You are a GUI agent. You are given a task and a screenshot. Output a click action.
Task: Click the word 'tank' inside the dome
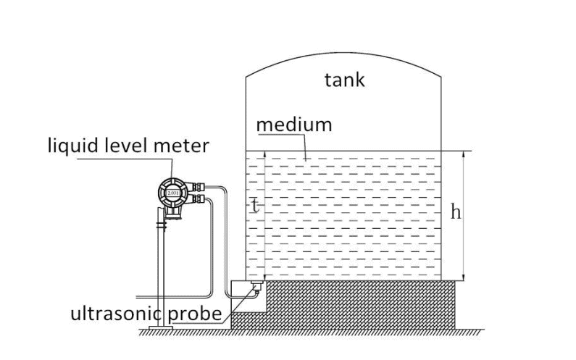coord(344,80)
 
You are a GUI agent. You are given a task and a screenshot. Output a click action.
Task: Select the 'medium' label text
coord(294,125)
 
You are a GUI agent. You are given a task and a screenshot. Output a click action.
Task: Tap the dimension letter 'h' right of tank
coord(456,212)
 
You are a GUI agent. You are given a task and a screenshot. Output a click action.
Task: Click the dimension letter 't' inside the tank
coord(254,205)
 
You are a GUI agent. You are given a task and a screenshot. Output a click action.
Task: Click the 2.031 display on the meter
coord(173,193)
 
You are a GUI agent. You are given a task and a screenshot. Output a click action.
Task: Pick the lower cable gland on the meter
coord(198,198)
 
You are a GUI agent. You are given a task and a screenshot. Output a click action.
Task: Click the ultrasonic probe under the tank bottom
coord(256,288)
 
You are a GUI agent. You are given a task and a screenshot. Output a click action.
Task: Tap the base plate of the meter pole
coord(161,330)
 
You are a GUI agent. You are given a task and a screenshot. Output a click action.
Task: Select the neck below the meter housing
coord(173,213)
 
